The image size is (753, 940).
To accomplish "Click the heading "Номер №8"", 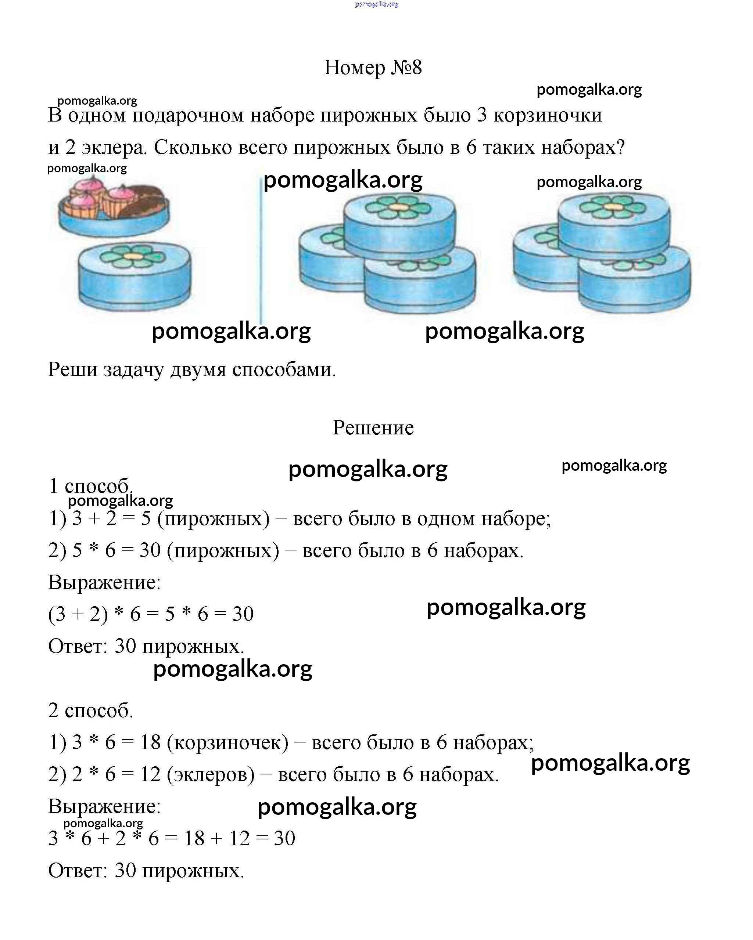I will [x=373, y=68].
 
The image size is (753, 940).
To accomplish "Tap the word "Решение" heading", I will [x=373, y=428].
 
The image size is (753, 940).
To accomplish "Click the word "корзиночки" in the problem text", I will [x=548, y=116].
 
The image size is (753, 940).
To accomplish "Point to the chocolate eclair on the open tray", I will [x=144, y=200].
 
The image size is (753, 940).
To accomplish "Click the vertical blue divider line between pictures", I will [x=261, y=253].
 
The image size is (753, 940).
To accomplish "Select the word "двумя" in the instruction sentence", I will [x=198, y=370].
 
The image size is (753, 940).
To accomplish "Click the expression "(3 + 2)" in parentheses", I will [x=78, y=614].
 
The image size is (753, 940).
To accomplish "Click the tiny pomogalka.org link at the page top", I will [x=376, y=4].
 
